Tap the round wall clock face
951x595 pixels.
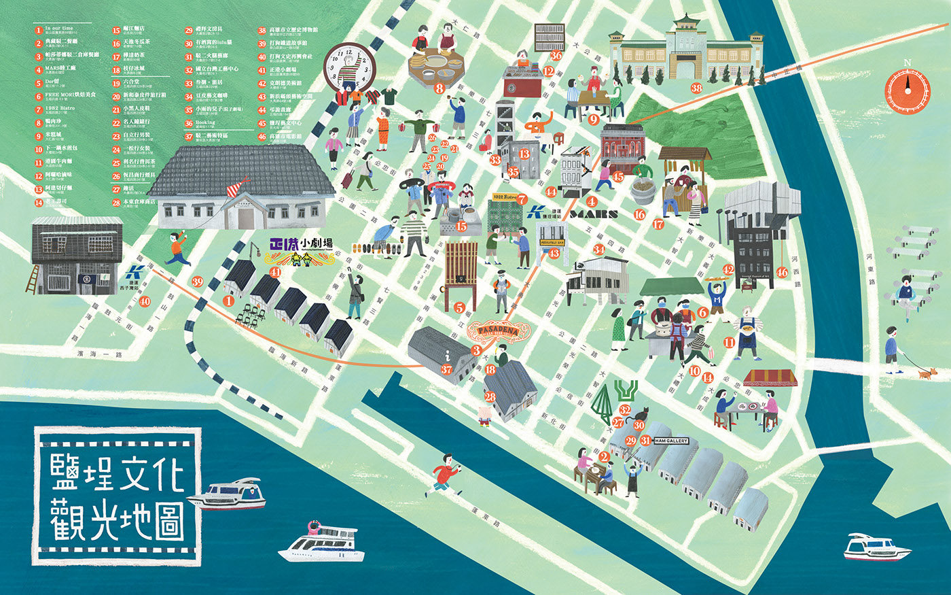point(350,65)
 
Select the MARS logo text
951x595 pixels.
point(594,214)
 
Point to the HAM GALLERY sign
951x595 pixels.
point(671,441)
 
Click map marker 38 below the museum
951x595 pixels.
point(696,88)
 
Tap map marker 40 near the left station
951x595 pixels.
point(145,301)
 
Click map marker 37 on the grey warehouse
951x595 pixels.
point(446,369)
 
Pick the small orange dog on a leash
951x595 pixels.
point(927,373)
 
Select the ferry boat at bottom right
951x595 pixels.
point(876,547)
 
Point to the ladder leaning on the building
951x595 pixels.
point(33,279)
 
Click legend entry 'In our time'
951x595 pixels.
point(59,29)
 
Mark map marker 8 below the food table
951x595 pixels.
point(439,88)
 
